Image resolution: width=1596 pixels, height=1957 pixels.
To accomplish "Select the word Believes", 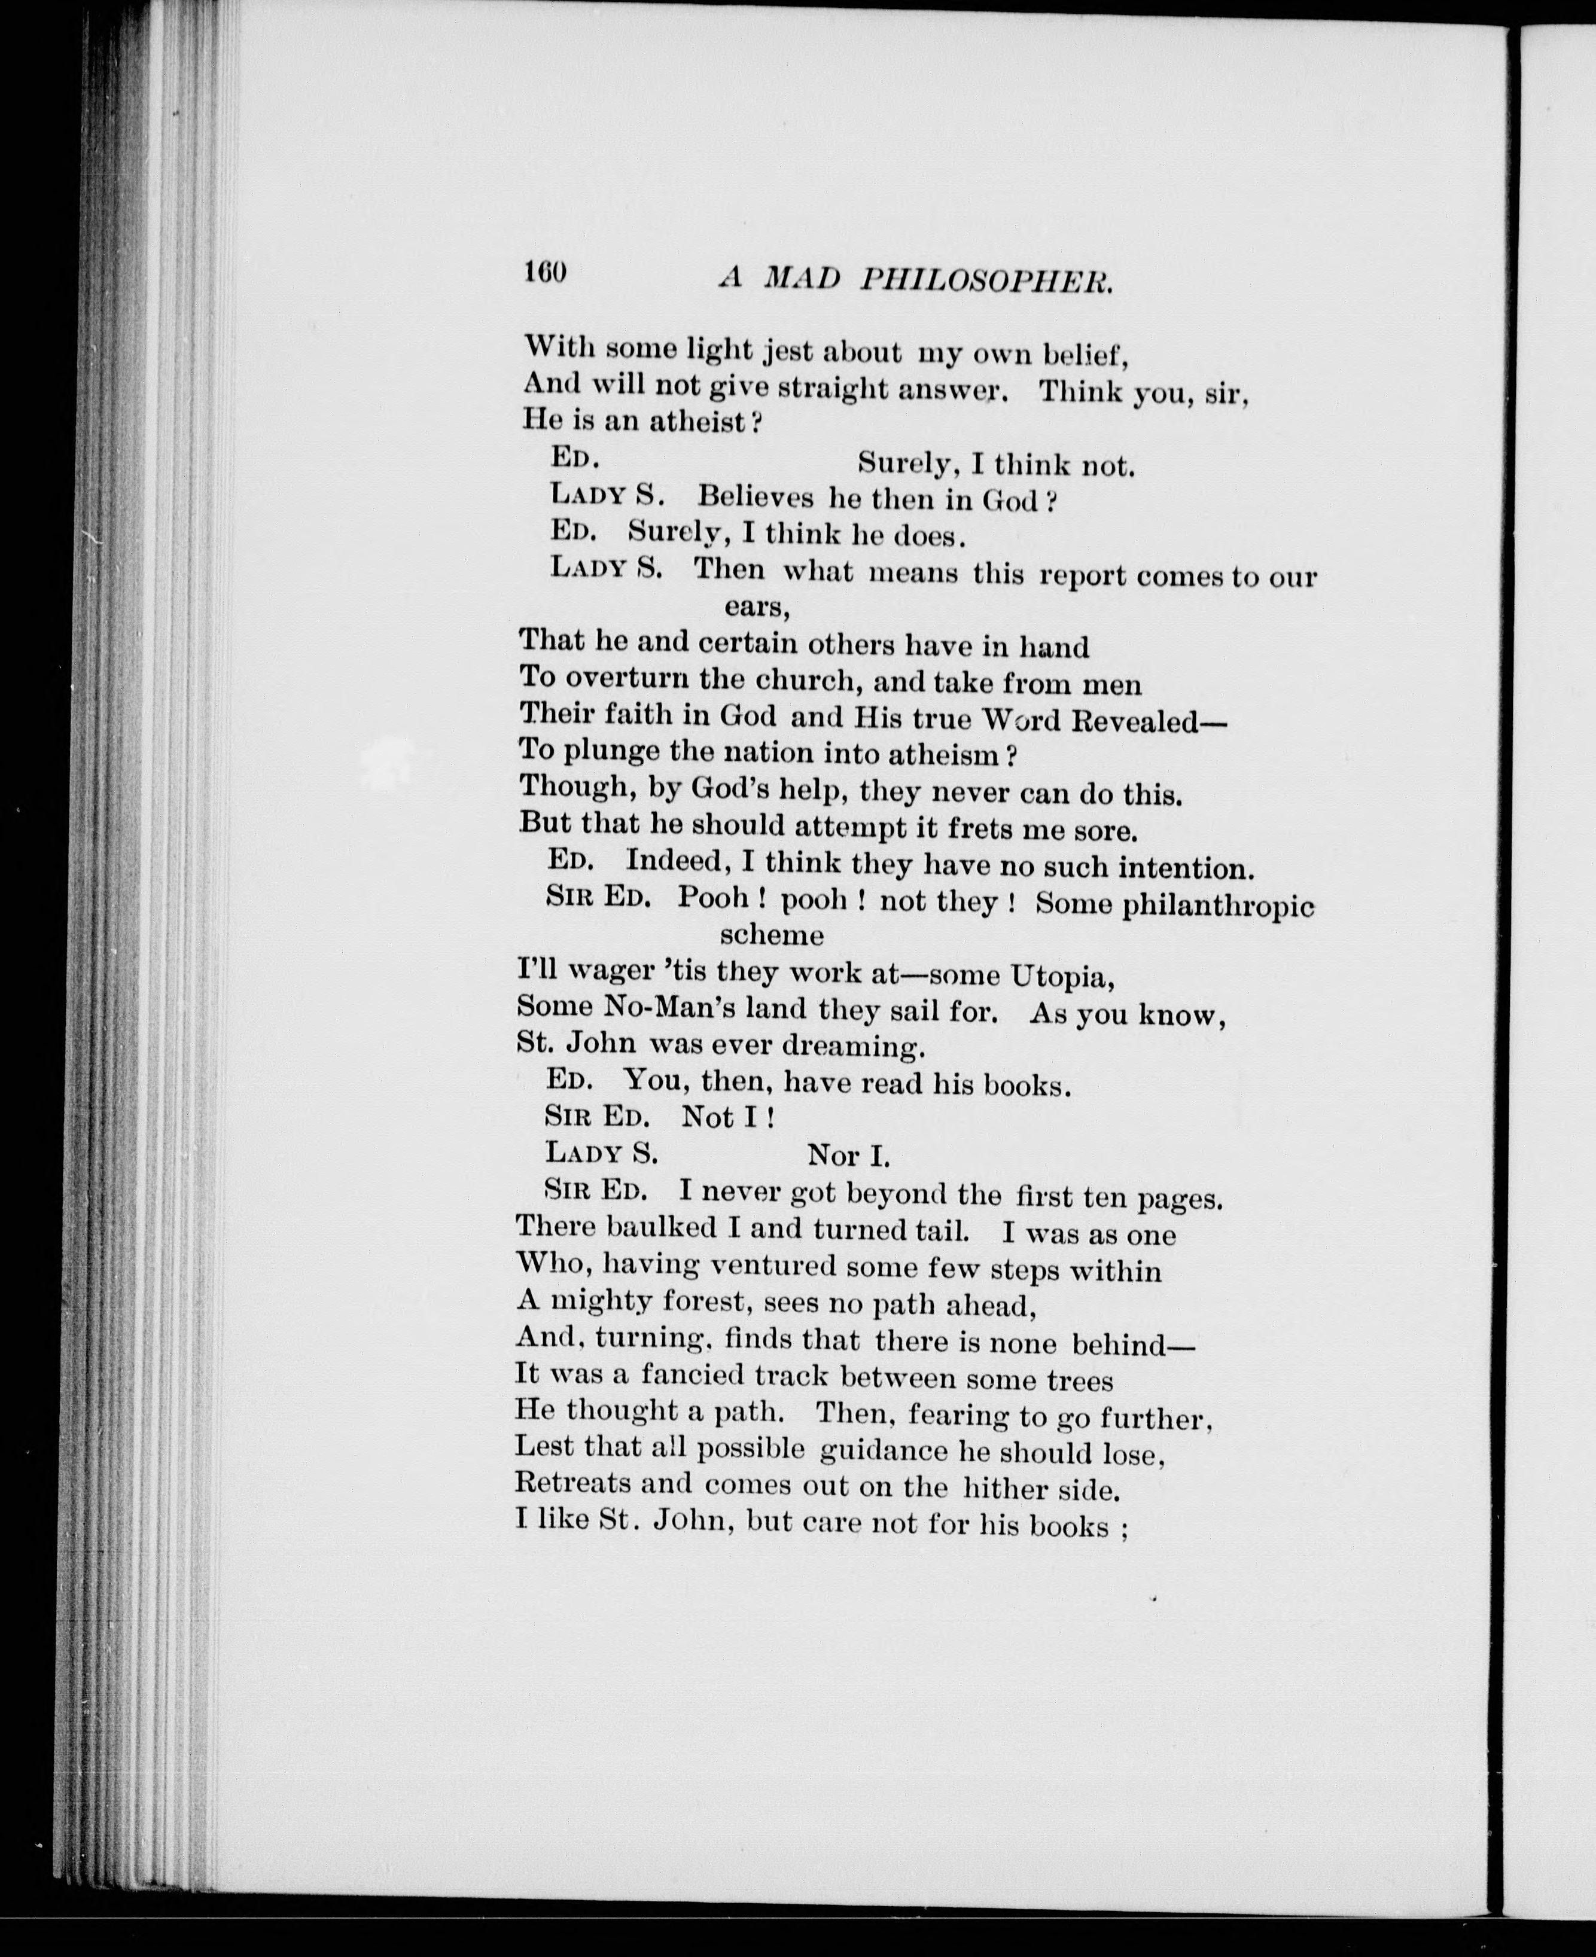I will [755, 497].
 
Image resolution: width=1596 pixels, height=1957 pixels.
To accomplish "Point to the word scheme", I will [770, 936].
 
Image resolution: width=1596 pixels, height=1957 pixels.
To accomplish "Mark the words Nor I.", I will [848, 1154].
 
